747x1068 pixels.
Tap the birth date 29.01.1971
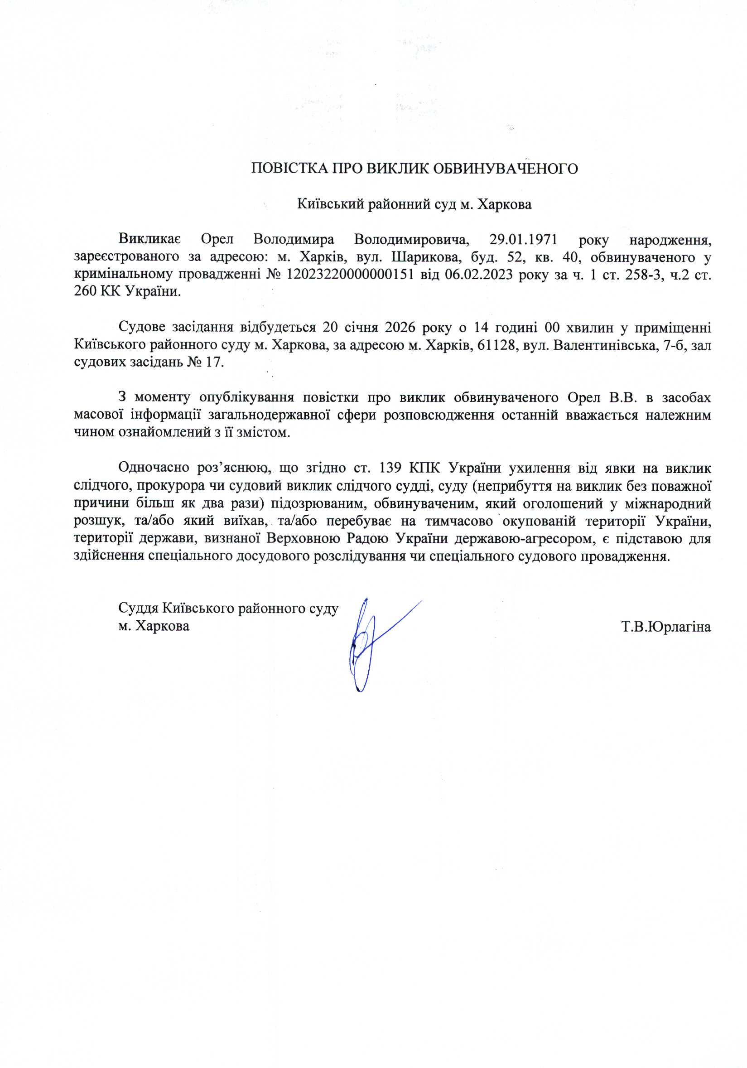pyautogui.click(x=523, y=240)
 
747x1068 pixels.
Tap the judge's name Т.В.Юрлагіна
pyautogui.click(x=666, y=627)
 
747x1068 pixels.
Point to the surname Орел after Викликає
pyautogui.click(x=217, y=240)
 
